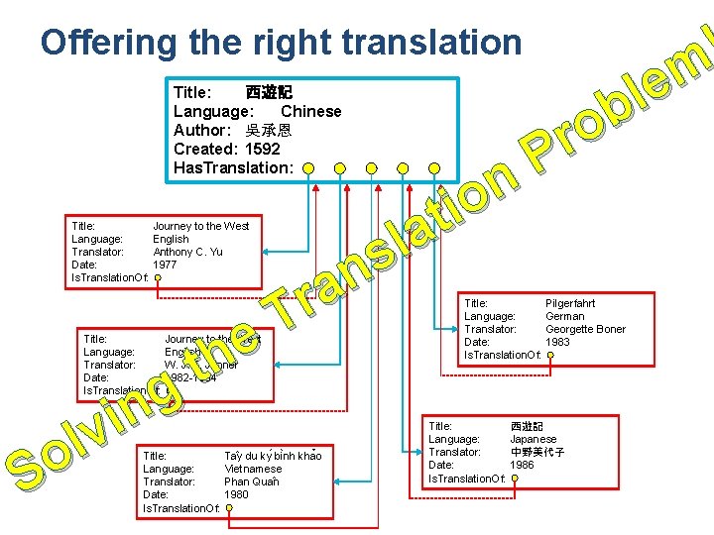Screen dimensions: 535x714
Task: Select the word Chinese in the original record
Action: pyautogui.click(x=310, y=111)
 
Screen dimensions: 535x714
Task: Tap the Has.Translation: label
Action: pyautogui.click(x=233, y=167)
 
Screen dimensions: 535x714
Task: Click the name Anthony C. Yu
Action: pyautogui.click(x=187, y=252)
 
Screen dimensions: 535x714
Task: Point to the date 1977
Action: pyautogui.click(x=165, y=265)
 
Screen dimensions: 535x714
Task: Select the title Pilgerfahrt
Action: pyautogui.click(x=570, y=303)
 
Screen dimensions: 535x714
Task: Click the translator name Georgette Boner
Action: pyautogui.click(x=585, y=329)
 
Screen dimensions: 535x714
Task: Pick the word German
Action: pyautogui.click(x=564, y=316)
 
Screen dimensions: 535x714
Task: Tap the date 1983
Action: pyautogui.click(x=558, y=342)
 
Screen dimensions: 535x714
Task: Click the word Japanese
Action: pyautogui.click(x=534, y=439)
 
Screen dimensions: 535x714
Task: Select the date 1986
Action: pyautogui.click(x=522, y=465)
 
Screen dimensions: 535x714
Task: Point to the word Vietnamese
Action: pyautogui.click(x=253, y=469)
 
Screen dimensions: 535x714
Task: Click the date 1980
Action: pyautogui.click(x=236, y=494)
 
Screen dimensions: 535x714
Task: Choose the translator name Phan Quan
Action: pyautogui.click(x=252, y=481)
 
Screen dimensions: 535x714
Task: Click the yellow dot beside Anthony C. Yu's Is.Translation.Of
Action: pyautogui.click(x=159, y=278)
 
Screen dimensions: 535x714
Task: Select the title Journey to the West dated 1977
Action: pyautogui.click(x=200, y=226)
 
